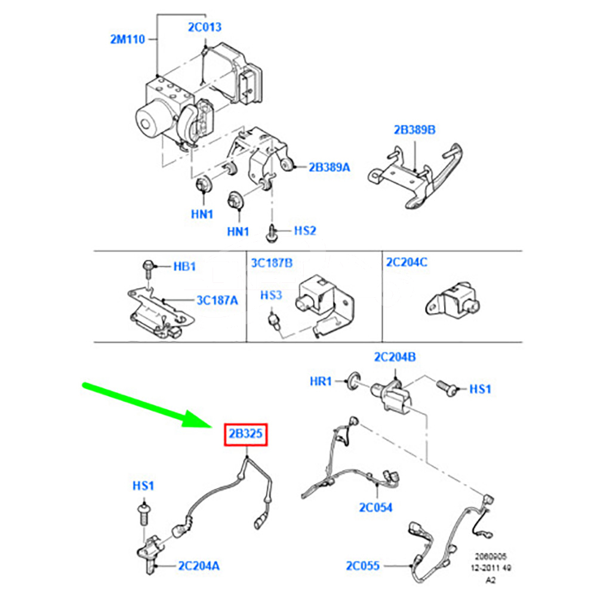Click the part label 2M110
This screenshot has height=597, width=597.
(x=127, y=40)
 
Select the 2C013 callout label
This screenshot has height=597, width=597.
(x=204, y=27)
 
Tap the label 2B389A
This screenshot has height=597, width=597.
(x=329, y=168)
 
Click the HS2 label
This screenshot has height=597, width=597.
(x=304, y=230)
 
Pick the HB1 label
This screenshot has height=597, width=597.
(x=184, y=266)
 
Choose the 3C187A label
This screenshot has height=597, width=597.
(x=217, y=301)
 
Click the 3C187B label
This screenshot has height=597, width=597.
(x=272, y=262)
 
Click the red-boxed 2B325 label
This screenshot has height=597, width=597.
(x=246, y=435)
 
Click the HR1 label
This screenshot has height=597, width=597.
(x=321, y=380)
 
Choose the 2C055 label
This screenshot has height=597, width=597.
(x=362, y=565)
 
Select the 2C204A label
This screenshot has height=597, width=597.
(x=198, y=565)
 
